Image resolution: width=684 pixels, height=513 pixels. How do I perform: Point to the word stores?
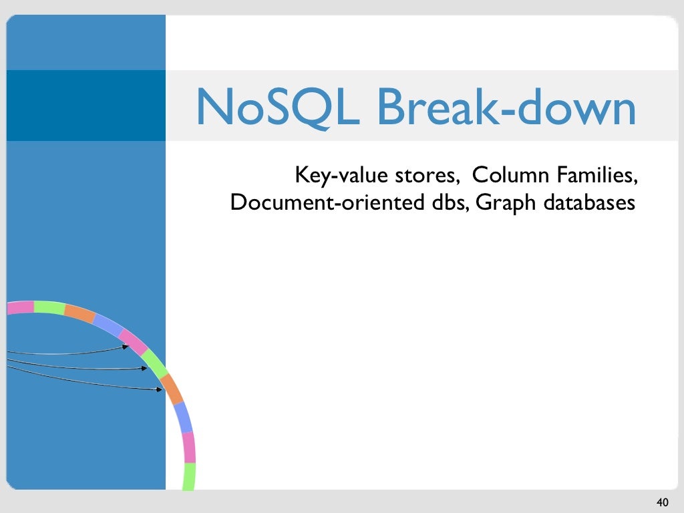(425, 176)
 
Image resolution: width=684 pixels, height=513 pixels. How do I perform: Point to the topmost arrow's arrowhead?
(126, 347)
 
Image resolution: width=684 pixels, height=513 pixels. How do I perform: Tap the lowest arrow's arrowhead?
(160, 390)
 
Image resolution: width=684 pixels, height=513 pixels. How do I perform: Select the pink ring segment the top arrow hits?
(134, 342)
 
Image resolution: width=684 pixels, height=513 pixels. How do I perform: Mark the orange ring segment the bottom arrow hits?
(171, 389)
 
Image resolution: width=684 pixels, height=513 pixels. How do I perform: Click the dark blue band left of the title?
(85, 106)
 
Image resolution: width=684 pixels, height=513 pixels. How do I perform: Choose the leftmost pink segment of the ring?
(20, 307)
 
